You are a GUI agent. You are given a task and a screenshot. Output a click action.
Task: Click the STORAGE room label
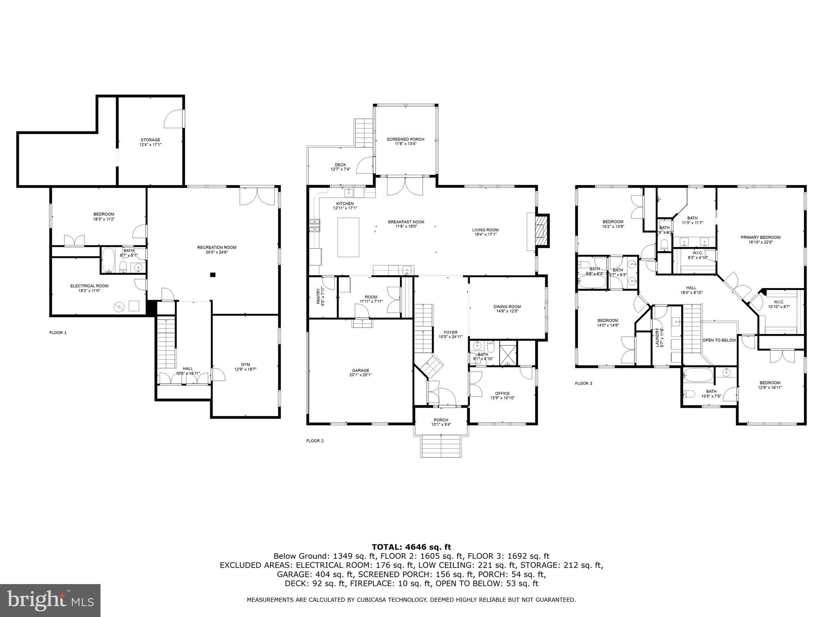tap(149, 140)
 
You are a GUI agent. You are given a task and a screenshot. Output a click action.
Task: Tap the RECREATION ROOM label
tap(217, 247)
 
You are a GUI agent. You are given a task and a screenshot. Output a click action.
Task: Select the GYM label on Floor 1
tap(245, 364)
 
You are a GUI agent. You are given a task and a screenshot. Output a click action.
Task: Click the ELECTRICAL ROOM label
tap(89, 286)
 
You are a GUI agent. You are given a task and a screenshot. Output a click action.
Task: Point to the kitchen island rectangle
tap(348, 237)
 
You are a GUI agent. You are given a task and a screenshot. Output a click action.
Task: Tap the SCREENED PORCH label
tap(405, 139)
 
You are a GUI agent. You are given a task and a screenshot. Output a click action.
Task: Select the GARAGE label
tap(360, 370)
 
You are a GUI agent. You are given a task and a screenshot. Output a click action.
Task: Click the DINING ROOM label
tap(507, 307)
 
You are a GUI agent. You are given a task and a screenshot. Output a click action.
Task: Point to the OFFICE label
tap(502, 393)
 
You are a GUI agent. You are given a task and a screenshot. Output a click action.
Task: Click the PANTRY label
tap(319, 296)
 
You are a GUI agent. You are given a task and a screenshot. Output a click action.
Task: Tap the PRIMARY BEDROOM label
tap(760, 237)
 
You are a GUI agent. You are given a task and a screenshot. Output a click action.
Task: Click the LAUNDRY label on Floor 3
tap(657, 337)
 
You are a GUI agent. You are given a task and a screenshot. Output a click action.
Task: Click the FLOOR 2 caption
tap(315, 441)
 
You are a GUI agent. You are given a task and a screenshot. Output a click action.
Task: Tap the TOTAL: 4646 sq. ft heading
tap(411, 547)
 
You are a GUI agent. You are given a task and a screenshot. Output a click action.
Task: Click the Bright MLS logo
tap(50, 600)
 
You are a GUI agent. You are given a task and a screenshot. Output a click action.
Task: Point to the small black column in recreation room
tap(213, 275)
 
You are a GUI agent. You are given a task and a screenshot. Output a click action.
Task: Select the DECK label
tap(340, 165)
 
